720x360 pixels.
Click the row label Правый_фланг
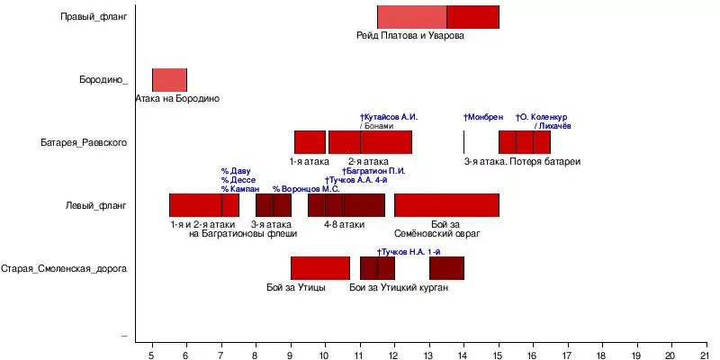tap(94, 16)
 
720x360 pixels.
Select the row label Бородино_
tap(103, 79)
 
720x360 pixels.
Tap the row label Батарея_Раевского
tap(83, 142)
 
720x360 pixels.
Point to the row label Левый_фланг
tap(95, 205)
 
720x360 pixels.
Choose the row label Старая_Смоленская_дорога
tap(64, 268)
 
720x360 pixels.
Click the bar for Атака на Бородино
tap(169, 79)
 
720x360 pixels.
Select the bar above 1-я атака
tap(310, 142)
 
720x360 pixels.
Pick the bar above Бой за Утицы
tap(319, 268)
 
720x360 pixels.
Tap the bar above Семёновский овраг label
tap(446, 205)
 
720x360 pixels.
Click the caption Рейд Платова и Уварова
tap(410, 35)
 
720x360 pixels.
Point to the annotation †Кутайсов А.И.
tap(389, 117)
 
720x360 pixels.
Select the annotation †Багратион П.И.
tap(374, 171)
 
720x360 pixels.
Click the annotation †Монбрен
tap(483, 117)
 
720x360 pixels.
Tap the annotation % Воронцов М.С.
tap(305, 189)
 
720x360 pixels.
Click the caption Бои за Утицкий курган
tap(399, 288)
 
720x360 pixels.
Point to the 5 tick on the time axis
tap(152, 352)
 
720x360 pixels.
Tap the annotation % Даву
tap(236, 171)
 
